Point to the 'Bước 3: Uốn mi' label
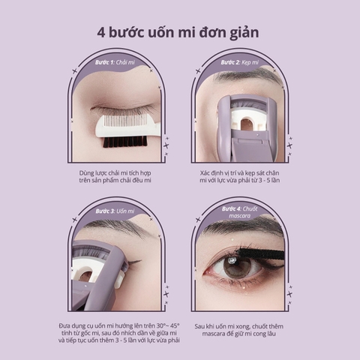pos(115,211)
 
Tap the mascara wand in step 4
pos(262,253)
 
